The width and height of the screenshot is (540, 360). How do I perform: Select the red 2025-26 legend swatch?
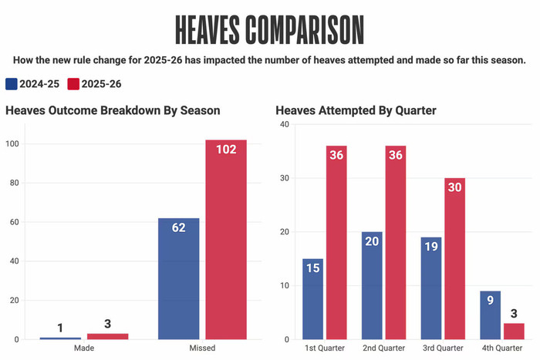point(74,83)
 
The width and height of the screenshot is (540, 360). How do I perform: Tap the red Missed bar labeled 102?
point(226,239)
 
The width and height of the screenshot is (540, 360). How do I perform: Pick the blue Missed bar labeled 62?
point(179,278)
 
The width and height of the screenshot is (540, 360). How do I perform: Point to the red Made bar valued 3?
point(107,336)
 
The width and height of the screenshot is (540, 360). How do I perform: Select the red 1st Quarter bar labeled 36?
point(336,242)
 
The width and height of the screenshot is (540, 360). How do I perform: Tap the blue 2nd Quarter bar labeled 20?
point(372,285)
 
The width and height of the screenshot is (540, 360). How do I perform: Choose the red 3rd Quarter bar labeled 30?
point(455,258)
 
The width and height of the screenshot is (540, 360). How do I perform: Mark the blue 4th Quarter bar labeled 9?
point(491,315)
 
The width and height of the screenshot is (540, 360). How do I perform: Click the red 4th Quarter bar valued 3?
point(514,331)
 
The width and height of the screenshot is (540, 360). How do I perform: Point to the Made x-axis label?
point(84,348)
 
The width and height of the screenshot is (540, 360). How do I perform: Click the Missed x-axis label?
point(202,348)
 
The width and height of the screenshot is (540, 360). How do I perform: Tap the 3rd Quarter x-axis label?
point(443,348)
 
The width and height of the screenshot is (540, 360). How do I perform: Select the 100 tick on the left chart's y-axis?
point(12,144)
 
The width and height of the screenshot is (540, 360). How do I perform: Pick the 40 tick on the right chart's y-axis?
point(285,125)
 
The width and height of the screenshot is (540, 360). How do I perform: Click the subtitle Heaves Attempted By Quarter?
point(356,110)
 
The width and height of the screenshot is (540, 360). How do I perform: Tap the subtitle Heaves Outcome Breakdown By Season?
point(113,110)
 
